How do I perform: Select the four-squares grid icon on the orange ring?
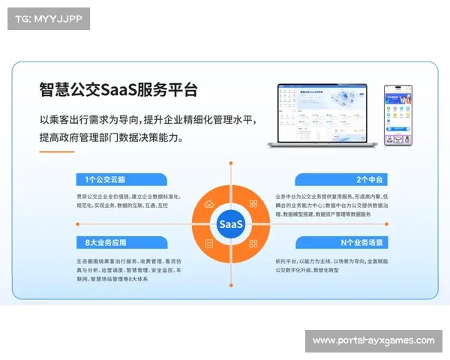point(253,244)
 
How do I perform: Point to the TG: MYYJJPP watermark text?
point(47,19)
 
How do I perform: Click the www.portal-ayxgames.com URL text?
point(373,341)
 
